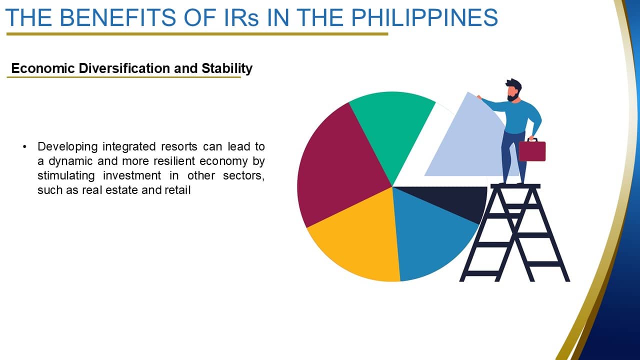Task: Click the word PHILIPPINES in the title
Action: pyautogui.click(x=424, y=17)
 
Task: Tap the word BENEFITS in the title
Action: pyautogui.click(x=117, y=17)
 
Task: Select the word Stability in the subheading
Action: pyautogui.click(x=227, y=68)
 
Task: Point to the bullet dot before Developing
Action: pyautogui.click(x=24, y=147)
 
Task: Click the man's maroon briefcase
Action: pyautogui.click(x=532, y=150)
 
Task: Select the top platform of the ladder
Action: pyautogui.click(x=515, y=186)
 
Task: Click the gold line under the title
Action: pyautogui.click(x=197, y=34)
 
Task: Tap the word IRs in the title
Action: pyautogui.click(x=241, y=17)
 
